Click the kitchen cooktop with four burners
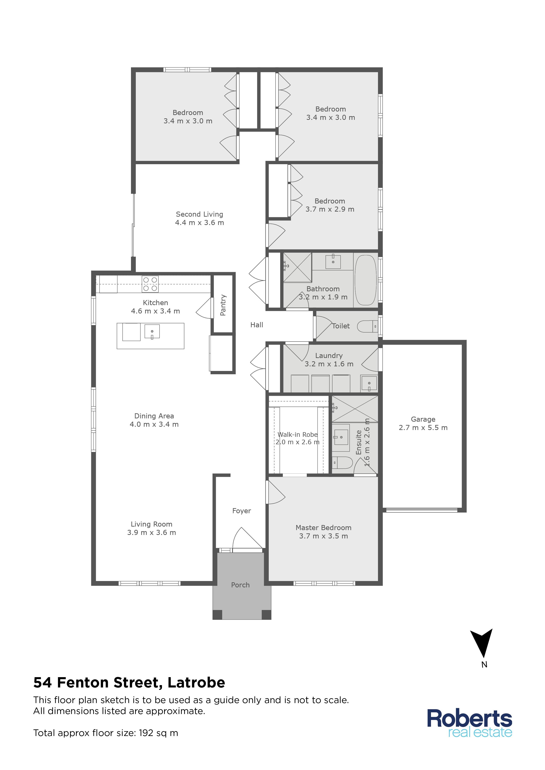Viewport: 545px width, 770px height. click(150, 284)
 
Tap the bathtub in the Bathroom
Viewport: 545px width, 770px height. click(366, 280)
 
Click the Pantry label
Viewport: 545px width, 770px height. click(223, 305)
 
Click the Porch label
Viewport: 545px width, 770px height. click(240, 585)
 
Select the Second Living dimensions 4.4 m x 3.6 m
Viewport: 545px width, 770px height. click(200, 223)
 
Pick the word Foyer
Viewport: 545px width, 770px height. click(242, 511)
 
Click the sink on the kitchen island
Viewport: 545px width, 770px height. click(152, 331)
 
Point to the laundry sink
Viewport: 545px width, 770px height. click(369, 384)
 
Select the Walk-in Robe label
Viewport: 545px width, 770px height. click(298, 435)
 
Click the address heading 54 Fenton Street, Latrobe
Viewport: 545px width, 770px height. click(129, 682)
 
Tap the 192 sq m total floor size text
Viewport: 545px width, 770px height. click(158, 733)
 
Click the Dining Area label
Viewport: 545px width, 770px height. click(154, 416)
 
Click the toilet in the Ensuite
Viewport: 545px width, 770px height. click(342, 463)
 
